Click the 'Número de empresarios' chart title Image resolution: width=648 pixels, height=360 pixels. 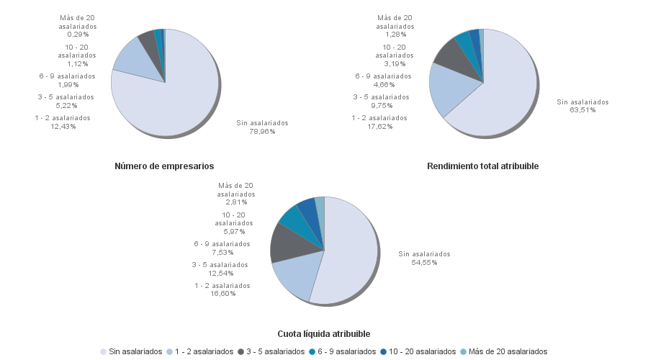point(164,166)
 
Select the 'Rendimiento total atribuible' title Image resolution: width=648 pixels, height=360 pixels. point(482,166)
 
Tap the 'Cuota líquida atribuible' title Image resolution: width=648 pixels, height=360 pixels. point(324,334)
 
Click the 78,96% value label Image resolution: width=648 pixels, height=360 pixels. point(262,132)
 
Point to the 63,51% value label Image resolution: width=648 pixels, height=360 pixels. point(582,111)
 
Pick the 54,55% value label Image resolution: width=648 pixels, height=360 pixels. point(425,262)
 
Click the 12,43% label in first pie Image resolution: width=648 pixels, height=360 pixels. point(63,127)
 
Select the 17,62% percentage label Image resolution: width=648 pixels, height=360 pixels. point(379,127)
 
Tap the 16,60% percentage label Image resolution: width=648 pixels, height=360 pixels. point(222,294)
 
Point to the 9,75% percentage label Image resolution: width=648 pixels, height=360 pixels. point(380,105)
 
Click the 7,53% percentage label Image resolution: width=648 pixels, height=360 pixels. point(222,252)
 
